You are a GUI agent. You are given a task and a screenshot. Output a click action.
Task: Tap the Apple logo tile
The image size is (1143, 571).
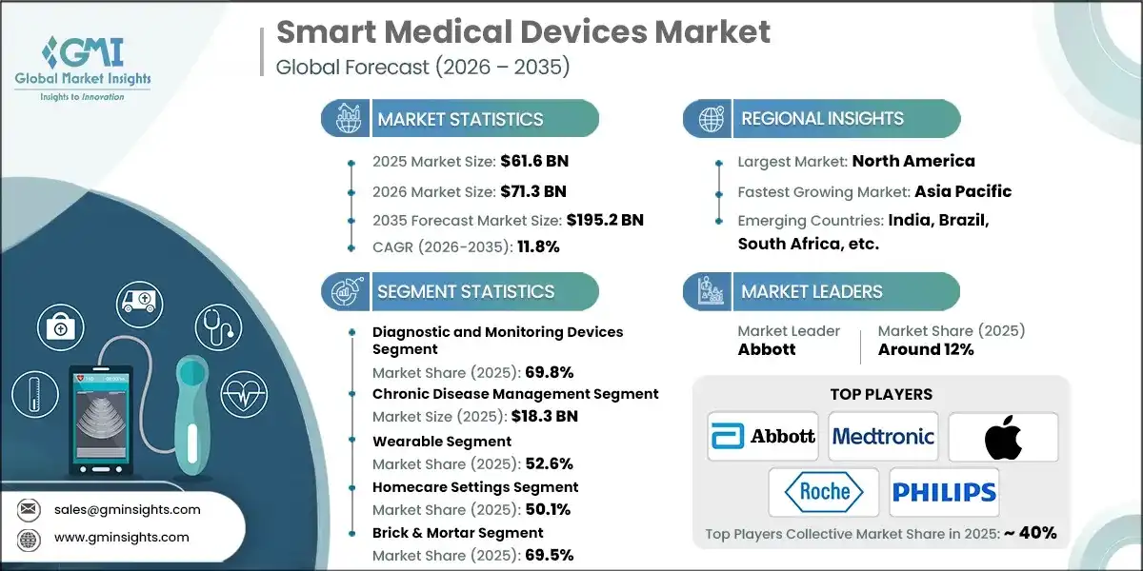coord(1002,437)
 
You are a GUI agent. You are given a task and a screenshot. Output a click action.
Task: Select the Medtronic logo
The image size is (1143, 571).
coord(883,437)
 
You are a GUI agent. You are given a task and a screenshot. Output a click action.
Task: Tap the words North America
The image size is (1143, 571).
coord(912,161)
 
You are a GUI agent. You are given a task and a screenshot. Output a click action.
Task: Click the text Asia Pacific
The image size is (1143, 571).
coord(963,191)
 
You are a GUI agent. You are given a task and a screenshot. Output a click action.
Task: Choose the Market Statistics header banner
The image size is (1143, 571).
coord(460,119)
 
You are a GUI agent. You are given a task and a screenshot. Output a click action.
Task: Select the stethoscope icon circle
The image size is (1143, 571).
coord(216,326)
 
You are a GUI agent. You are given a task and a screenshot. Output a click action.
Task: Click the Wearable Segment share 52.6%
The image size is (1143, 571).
coord(549,463)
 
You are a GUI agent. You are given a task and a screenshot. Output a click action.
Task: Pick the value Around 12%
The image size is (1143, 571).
coord(926,349)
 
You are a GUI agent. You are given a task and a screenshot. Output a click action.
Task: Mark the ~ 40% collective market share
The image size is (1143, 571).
coord(1030,533)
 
